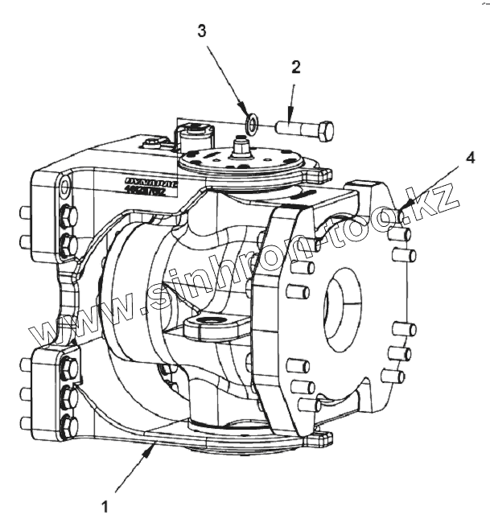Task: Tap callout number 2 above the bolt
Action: (x=295, y=68)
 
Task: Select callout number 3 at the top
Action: (x=202, y=32)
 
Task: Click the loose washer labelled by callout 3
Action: (x=252, y=123)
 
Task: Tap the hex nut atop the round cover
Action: (x=240, y=146)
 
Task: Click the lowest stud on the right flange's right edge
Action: (x=393, y=375)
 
